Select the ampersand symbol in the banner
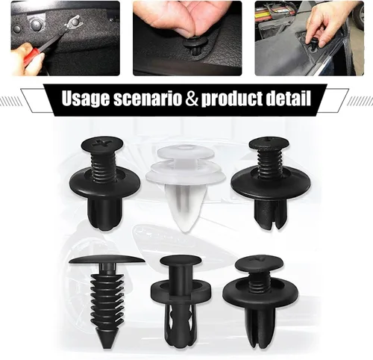192,98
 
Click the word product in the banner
231,99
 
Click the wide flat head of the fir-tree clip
107,260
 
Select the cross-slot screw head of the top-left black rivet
102,144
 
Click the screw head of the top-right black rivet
269,143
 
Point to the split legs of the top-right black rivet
270,214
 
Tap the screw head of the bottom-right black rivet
259,264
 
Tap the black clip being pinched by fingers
195,47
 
